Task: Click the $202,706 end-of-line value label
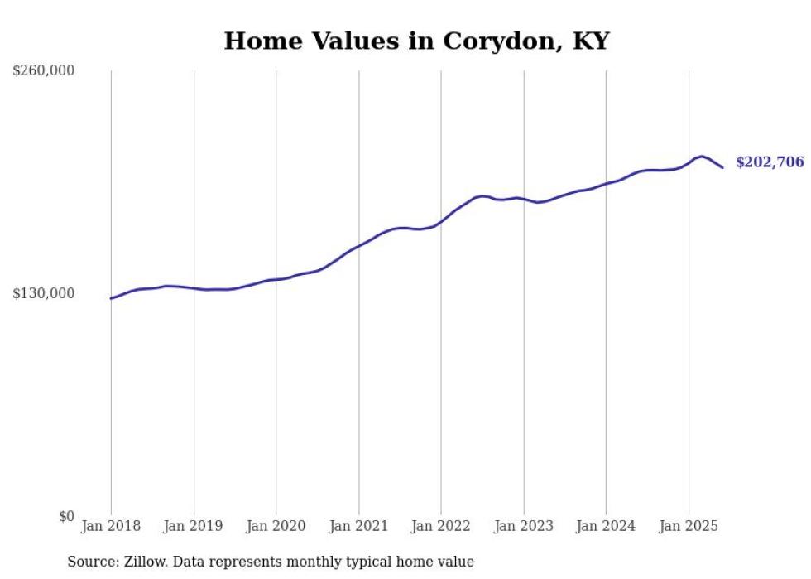coord(769,162)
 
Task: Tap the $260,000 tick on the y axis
coord(44,70)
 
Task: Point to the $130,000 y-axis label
coord(44,293)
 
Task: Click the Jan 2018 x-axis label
coord(111,526)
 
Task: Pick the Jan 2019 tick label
coord(194,526)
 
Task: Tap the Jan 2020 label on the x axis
coord(276,526)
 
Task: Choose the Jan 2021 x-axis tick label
coord(358,526)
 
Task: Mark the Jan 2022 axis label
coord(441,526)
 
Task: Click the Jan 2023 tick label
coord(523,526)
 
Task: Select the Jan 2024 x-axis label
coord(606,526)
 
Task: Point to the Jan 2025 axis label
coord(689,526)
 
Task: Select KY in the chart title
coord(592,41)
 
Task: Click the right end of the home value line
coord(722,168)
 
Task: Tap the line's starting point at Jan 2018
coord(111,298)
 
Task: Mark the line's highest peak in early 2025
coord(702,156)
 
